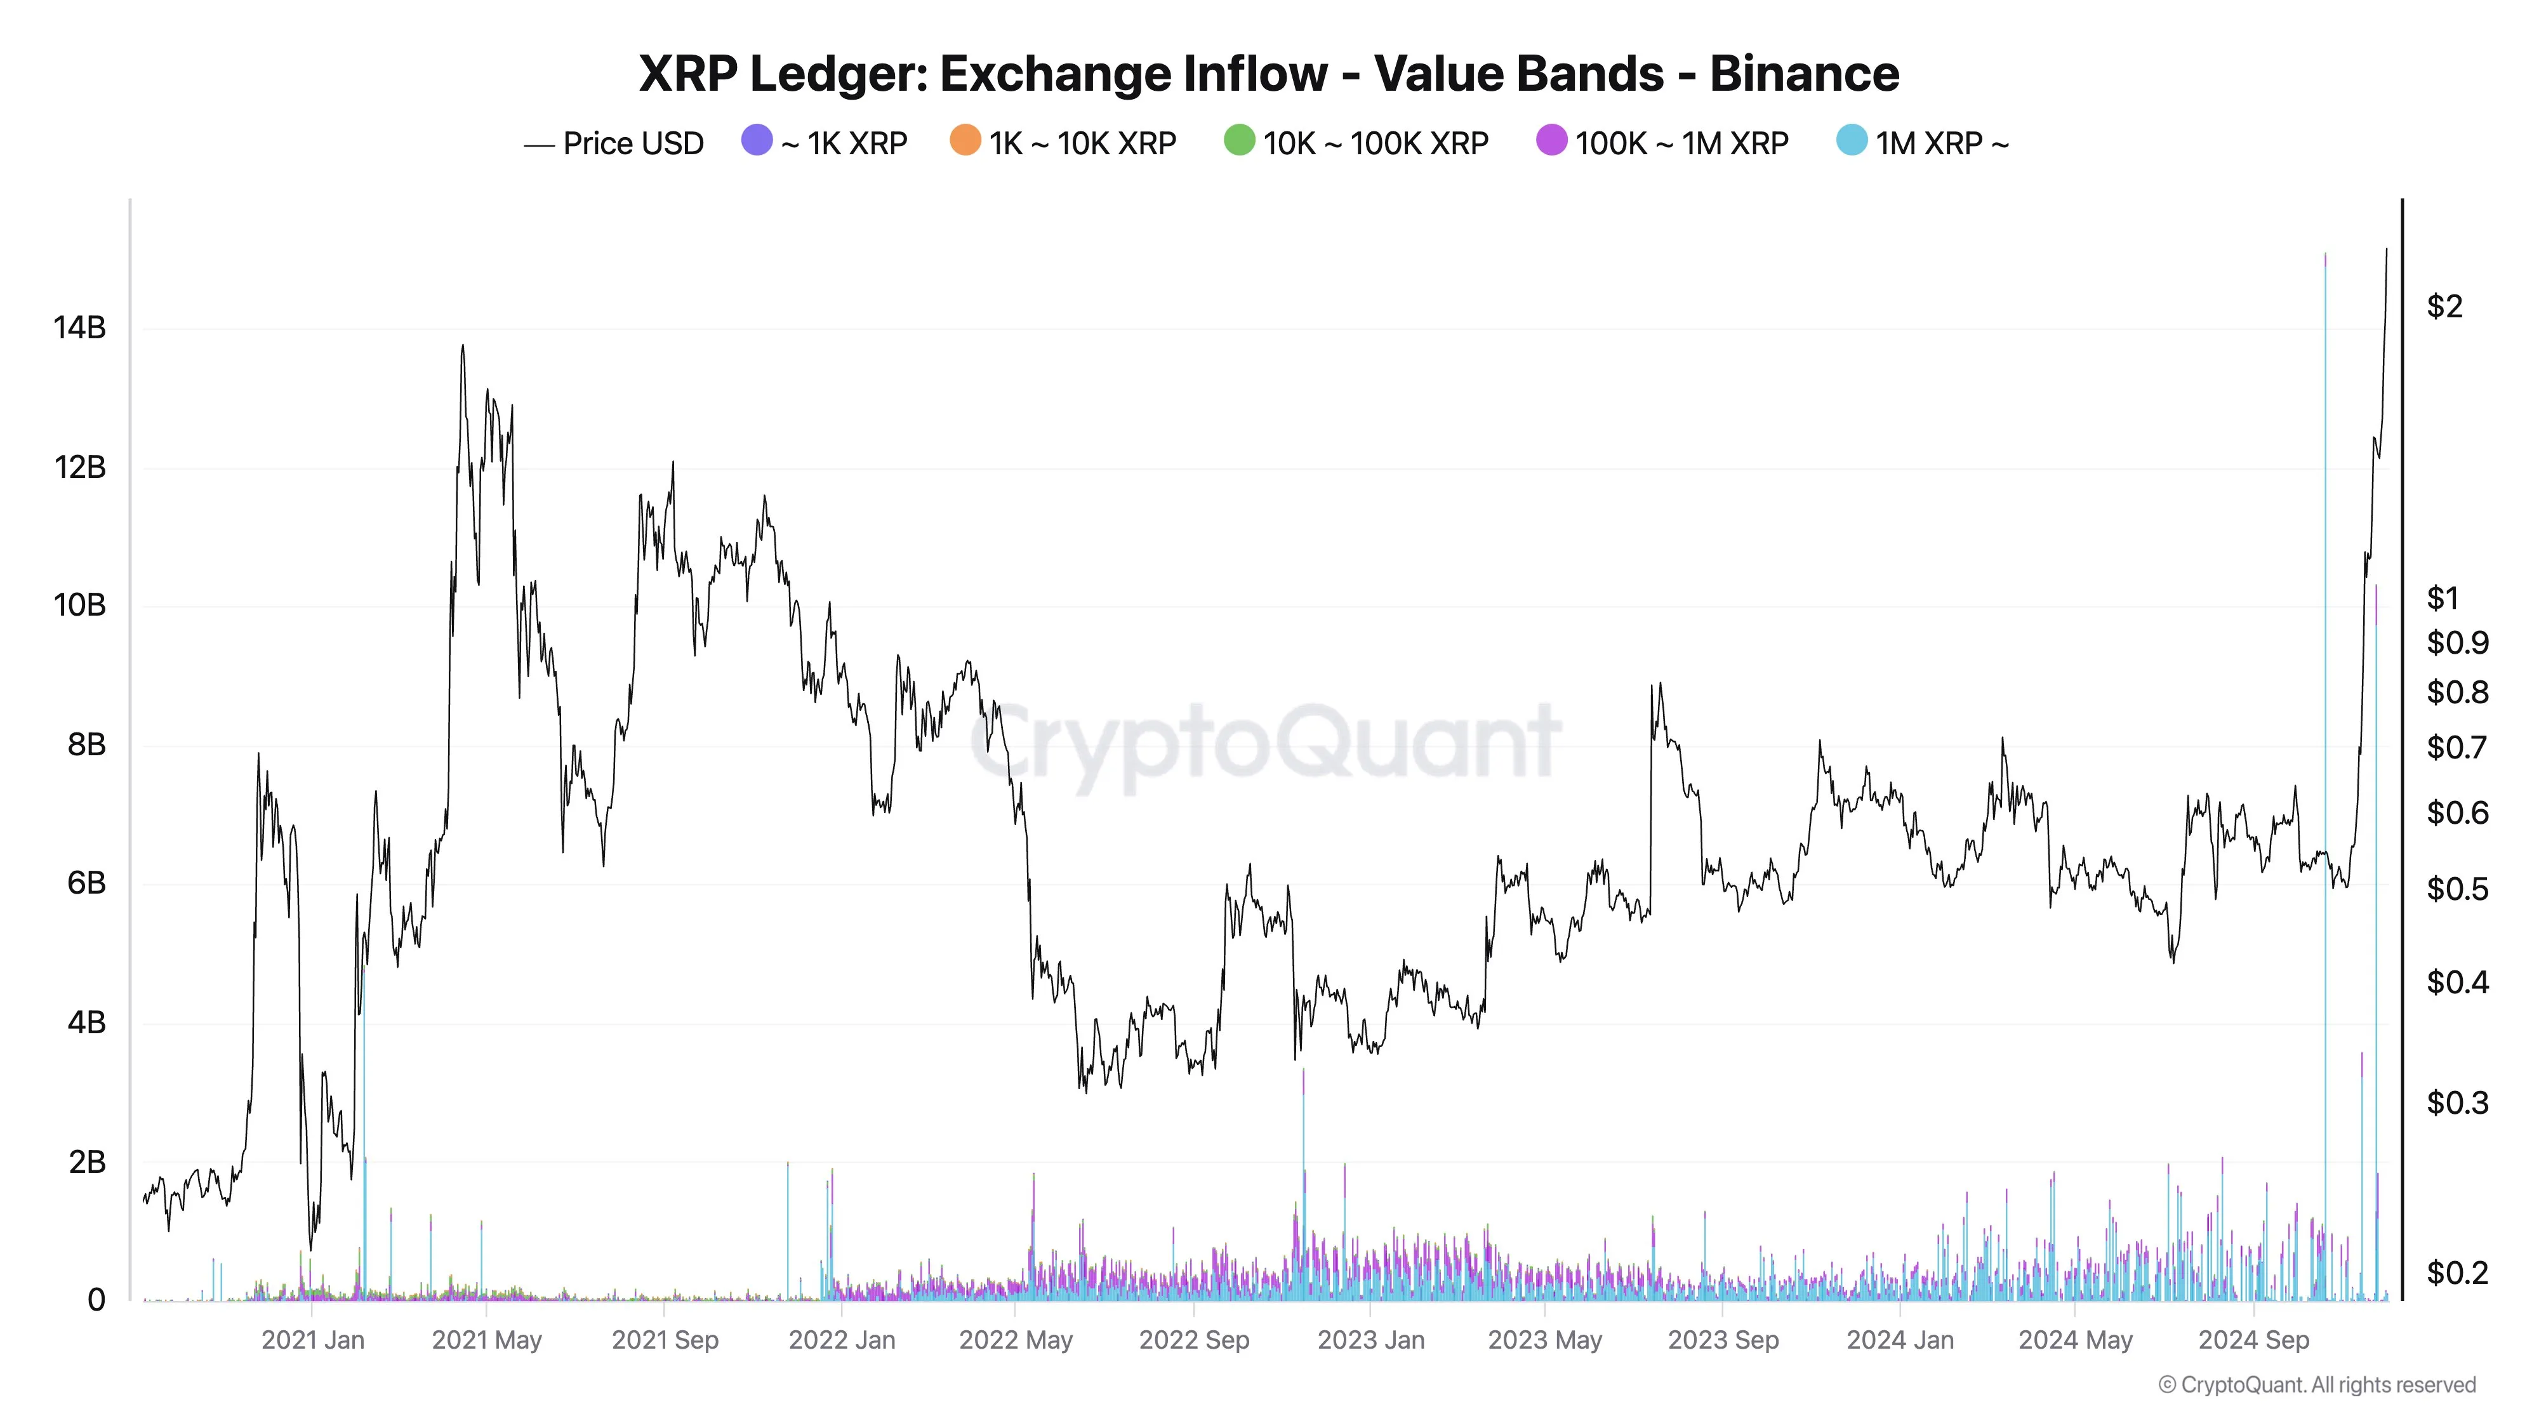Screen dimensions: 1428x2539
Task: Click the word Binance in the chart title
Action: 1804,74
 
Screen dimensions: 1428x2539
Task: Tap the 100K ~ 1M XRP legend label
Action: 1681,144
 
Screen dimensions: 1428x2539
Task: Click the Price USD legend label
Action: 633,144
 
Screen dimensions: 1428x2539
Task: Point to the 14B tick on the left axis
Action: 79,328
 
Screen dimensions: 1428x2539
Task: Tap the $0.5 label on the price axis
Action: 2457,889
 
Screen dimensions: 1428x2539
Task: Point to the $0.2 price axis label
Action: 2457,1273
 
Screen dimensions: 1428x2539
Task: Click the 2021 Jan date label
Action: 312,1340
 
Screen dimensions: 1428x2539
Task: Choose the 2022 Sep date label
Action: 1193,1340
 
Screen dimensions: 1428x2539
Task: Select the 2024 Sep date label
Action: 2253,1340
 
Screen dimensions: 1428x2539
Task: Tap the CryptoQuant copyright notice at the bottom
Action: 2316,1385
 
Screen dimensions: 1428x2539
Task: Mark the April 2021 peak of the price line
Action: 462,347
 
